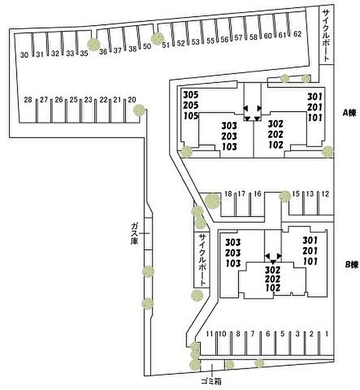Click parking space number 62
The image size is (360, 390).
pyautogui.click(x=297, y=35)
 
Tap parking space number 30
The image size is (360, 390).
pyautogui.click(x=24, y=55)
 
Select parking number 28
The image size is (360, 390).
pyautogui.click(x=28, y=100)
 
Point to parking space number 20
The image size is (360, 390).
pyautogui.click(x=132, y=100)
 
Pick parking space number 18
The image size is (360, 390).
pyautogui.click(x=229, y=194)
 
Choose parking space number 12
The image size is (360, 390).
pyautogui.click(x=325, y=194)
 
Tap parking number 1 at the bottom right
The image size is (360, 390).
pyautogui.click(x=326, y=334)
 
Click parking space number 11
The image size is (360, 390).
pyautogui.click(x=209, y=334)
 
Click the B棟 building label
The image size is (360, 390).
pyautogui.click(x=351, y=264)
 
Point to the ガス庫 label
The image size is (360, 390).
pyautogui.click(x=135, y=233)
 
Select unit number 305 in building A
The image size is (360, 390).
pyautogui.click(x=190, y=95)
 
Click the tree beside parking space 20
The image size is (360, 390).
pyautogui.click(x=139, y=110)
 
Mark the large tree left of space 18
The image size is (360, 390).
pyautogui.click(x=211, y=201)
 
